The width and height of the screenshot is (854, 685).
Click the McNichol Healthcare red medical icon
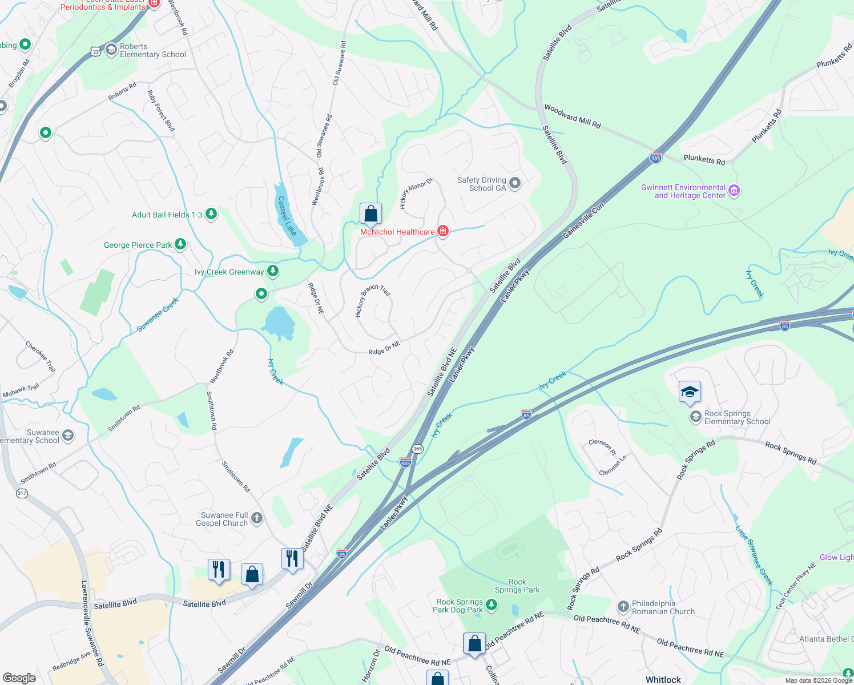click(443, 231)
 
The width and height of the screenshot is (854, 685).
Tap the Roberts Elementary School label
click(152, 51)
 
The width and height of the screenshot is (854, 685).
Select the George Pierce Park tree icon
click(180, 244)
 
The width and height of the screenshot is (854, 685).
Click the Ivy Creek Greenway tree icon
click(273, 271)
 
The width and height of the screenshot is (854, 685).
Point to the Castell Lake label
click(287, 216)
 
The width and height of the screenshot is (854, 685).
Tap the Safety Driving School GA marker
click(515, 183)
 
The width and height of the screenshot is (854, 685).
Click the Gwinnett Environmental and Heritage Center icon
click(735, 191)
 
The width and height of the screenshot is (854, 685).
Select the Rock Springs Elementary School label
click(737, 418)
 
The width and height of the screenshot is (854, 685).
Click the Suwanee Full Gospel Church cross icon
click(257, 518)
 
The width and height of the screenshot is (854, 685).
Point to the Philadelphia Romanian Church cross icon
click(623, 606)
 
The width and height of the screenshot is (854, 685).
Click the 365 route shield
click(418, 449)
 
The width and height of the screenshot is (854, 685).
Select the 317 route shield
click(22, 493)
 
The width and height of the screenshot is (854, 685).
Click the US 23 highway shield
click(96, 51)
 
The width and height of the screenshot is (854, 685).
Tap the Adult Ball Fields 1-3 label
click(167, 215)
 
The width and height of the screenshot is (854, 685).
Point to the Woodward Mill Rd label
click(572, 116)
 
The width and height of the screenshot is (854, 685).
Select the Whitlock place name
click(663, 679)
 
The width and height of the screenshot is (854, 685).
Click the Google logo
click(19, 678)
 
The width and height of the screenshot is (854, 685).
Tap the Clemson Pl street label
click(603, 447)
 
